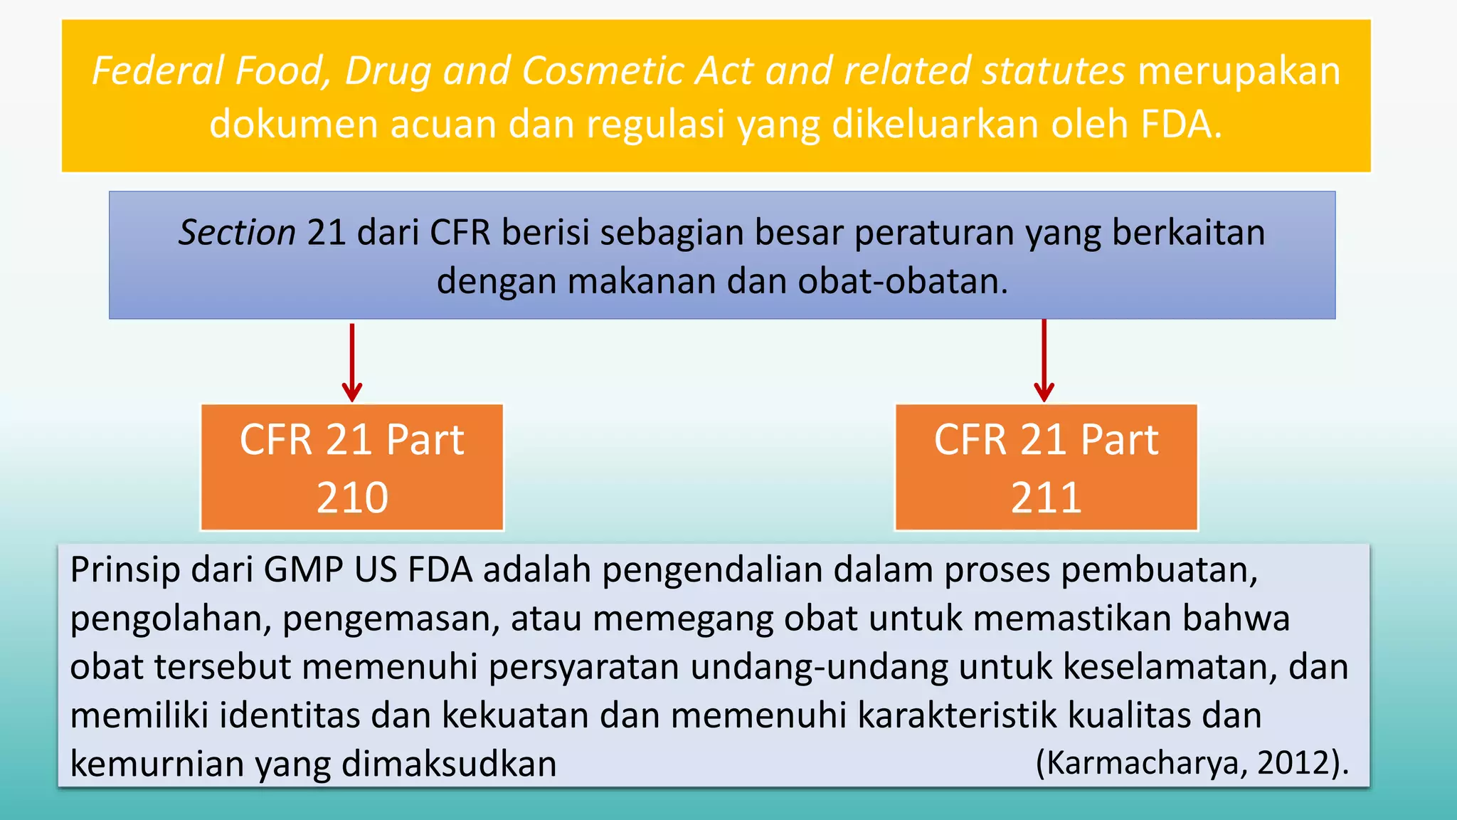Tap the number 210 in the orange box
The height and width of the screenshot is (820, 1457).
(x=352, y=498)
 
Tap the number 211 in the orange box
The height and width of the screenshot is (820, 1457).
(x=1046, y=498)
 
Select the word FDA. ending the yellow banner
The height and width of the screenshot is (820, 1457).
(x=1181, y=124)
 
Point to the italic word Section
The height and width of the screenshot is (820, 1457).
(x=237, y=233)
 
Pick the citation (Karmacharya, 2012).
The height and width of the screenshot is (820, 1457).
(x=1192, y=762)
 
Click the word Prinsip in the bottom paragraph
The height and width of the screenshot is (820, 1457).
(x=125, y=570)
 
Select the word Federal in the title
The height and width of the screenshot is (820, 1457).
(x=158, y=71)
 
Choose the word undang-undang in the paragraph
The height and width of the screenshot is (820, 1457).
(x=818, y=667)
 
